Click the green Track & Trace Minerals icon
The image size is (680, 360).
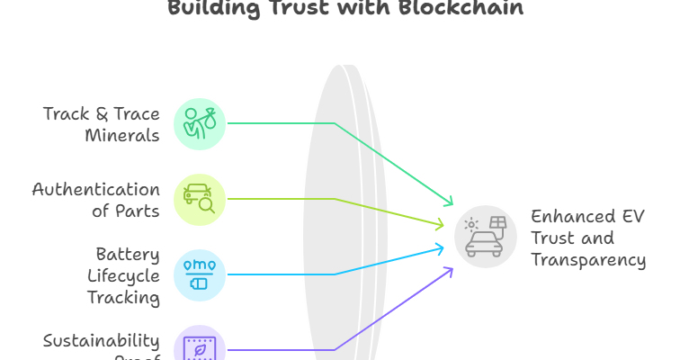coord(199,123)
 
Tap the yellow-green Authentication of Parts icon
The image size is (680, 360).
coord(199,199)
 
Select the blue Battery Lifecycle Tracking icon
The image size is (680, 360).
coord(199,274)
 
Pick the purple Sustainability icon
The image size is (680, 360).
coord(199,346)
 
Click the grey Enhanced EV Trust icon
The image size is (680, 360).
coord(485,236)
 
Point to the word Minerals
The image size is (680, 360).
coord(122,136)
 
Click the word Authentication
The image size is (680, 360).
coord(96,190)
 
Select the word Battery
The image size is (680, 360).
coord(129,254)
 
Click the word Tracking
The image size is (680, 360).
coord(124,297)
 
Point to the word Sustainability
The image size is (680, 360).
coord(102,341)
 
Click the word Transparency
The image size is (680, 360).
coord(588,260)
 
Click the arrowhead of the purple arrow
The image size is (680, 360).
coord(450,270)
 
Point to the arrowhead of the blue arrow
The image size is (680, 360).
coord(441,247)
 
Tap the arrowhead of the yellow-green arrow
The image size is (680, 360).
coord(440,224)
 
